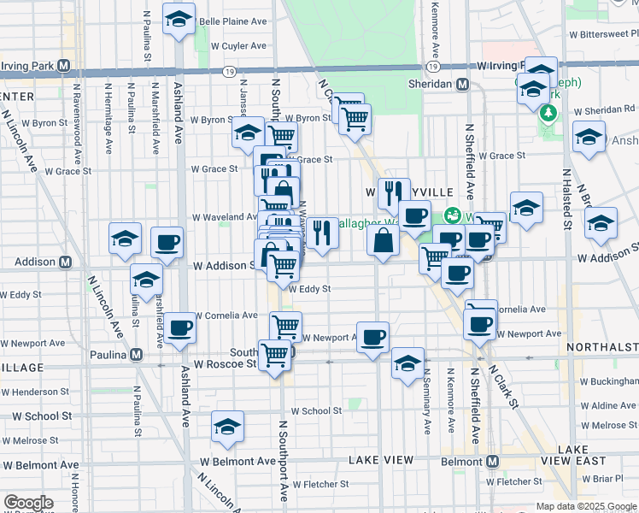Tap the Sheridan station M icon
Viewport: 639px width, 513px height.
(462, 84)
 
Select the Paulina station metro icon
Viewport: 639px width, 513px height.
(136, 355)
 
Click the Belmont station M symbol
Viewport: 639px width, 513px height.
(492, 461)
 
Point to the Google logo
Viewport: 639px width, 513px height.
(28, 502)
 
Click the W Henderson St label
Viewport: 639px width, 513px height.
(35, 392)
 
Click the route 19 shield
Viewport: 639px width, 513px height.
(434, 66)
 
